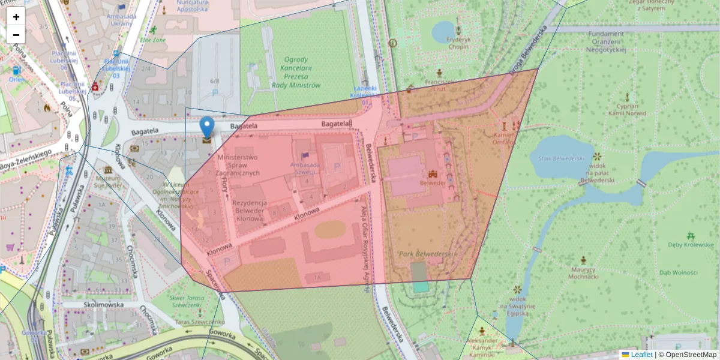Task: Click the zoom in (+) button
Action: [16, 17]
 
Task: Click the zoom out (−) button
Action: [16, 35]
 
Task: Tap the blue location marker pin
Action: [207, 127]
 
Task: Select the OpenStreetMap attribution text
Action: [691, 355]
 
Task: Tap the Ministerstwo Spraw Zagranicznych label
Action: [238, 166]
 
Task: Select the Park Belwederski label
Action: [425, 254]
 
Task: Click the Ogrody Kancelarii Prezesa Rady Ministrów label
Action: [296, 72]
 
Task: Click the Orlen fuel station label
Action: [15, 79]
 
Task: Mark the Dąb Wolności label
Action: [679, 273]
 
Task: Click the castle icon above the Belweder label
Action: [433, 172]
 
